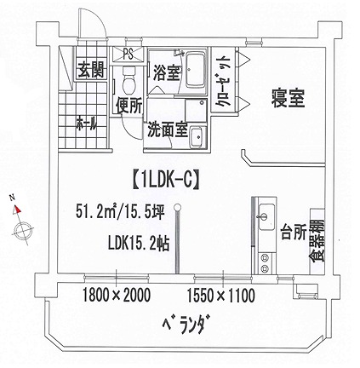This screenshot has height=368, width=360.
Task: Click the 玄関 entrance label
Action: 91,70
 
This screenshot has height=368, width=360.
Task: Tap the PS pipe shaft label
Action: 129,54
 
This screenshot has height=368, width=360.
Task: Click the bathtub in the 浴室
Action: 195,70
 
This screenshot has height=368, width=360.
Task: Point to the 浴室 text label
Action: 167,72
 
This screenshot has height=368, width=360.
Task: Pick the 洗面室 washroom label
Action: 168,130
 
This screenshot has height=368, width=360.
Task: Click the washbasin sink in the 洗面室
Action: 196,137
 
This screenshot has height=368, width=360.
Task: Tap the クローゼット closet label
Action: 223,81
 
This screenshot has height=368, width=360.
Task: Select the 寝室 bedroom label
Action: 288,98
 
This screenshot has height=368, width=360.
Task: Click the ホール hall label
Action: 87,124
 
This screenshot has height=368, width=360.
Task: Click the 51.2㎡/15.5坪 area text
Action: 120,212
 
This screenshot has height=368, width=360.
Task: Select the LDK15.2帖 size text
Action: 139,244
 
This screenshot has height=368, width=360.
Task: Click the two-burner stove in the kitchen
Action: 266,263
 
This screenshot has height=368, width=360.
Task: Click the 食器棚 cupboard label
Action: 317,241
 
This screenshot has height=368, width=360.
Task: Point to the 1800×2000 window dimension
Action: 116,296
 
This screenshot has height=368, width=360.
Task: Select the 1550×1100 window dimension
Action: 220,296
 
